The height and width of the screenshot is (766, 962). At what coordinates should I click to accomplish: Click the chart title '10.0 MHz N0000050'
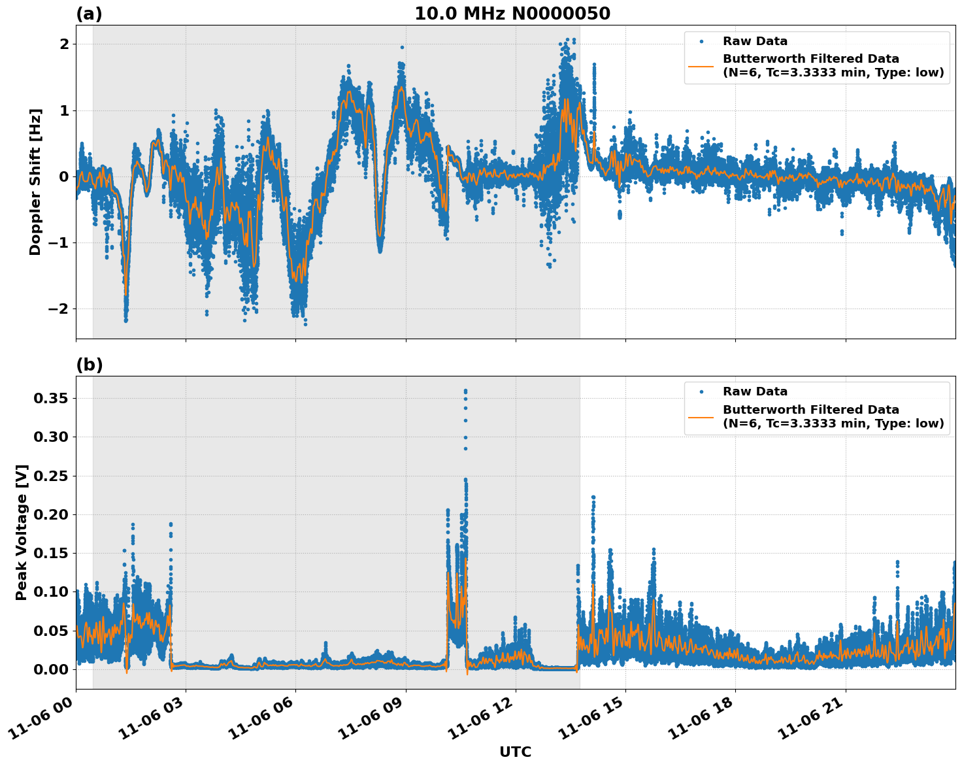click(x=512, y=14)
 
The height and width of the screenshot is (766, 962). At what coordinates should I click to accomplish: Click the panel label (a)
click(x=89, y=14)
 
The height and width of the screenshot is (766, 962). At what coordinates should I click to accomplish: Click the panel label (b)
click(x=89, y=365)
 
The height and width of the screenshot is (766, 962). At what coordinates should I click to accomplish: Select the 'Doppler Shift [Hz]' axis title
click(x=35, y=182)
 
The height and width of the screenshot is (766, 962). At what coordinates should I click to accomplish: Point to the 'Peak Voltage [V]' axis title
click(x=22, y=532)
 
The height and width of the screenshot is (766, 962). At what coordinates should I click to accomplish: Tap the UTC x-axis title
click(x=515, y=752)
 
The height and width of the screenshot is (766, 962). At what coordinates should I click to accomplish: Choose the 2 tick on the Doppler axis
click(x=64, y=44)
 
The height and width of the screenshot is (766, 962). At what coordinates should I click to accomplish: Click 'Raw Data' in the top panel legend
click(x=755, y=41)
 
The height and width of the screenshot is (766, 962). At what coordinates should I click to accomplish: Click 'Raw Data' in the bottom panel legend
click(x=755, y=391)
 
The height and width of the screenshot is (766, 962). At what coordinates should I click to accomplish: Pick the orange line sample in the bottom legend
click(x=701, y=416)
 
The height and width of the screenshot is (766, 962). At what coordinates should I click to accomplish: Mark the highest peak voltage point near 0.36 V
click(x=465, y=391)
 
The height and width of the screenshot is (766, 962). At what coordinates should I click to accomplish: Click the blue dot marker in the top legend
click(x=701, y=41)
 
